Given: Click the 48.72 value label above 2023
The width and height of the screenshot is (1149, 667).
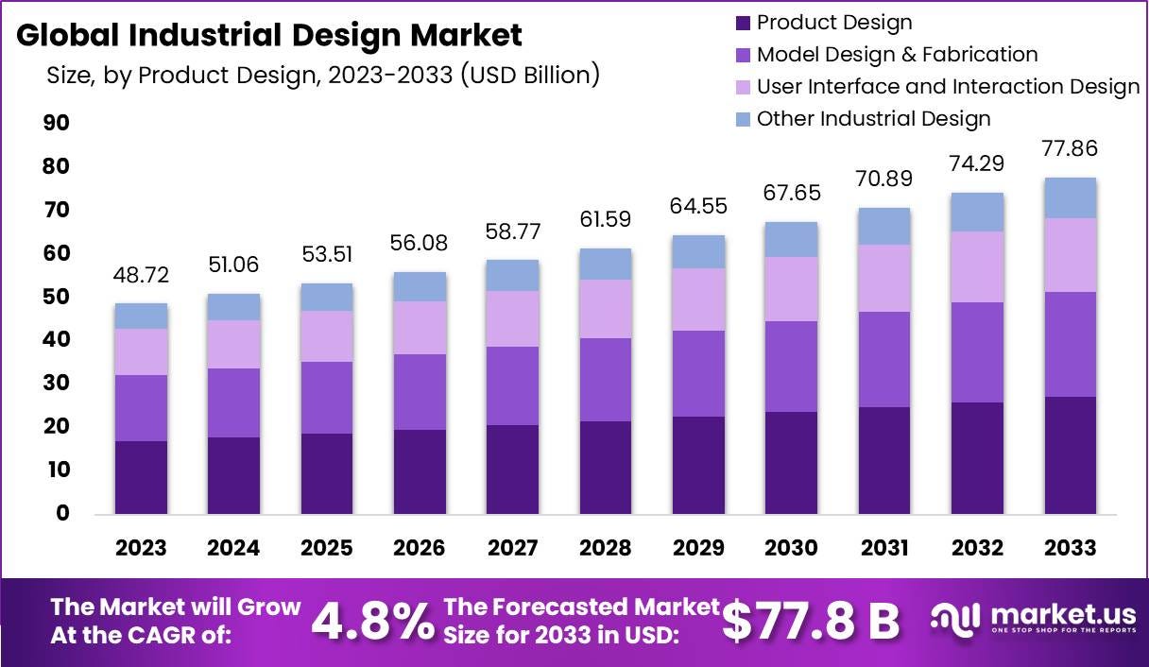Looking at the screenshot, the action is point(141,275).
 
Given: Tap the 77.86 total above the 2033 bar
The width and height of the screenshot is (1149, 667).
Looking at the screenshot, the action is point(1070,148).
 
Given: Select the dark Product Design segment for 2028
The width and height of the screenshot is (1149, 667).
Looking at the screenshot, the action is point(606,468).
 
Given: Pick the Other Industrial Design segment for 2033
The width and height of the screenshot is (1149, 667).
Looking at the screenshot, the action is point(1071,197).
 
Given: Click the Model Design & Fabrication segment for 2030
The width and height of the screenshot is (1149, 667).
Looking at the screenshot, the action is point(791,367).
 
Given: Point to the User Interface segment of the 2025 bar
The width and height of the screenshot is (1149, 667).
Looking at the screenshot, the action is point(327,336).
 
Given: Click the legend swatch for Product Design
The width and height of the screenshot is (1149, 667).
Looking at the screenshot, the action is point(743,23).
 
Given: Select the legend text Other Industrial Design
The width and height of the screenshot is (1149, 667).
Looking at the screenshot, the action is point(873,118).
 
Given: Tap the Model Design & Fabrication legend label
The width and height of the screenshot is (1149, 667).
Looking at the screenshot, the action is point(897,55).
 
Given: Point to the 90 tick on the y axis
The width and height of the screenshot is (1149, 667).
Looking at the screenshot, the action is point(57,123).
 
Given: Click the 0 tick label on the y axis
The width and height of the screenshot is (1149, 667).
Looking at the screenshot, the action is point(62,513).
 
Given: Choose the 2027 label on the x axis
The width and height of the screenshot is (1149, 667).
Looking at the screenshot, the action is point(512,548).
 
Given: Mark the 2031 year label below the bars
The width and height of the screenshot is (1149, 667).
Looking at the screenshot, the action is point(884,548).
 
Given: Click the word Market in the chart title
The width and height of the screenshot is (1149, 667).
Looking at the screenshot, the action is point(466,35).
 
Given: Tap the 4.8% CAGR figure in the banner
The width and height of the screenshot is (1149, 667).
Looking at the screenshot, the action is point(372,622).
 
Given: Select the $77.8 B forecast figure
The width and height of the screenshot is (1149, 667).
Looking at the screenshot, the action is point(811,622).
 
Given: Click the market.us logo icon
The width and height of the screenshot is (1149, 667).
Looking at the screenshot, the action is point(955,621).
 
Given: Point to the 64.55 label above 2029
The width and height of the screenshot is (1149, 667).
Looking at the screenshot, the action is point(698,206).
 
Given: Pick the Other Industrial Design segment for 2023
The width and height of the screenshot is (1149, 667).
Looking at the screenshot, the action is point(141,316).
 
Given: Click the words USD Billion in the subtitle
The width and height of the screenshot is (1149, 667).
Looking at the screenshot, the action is point(530,75).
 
